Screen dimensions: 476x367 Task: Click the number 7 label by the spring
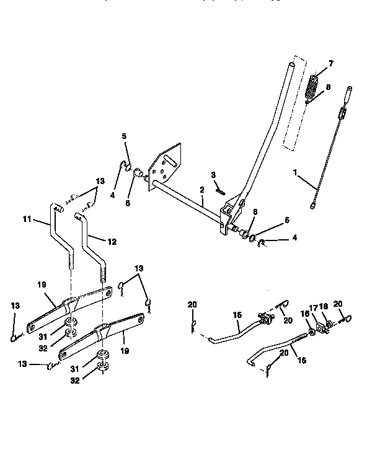coord(330,64)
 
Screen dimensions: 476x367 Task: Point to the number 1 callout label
coord(296,172)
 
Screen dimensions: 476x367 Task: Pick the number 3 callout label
coord(213,175)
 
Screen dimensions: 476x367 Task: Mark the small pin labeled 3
coord(219,191)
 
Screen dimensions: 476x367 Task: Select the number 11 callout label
coord(27,219)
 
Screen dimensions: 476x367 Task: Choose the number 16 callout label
coord(303,314)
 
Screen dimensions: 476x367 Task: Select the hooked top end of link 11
coord(60,209)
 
